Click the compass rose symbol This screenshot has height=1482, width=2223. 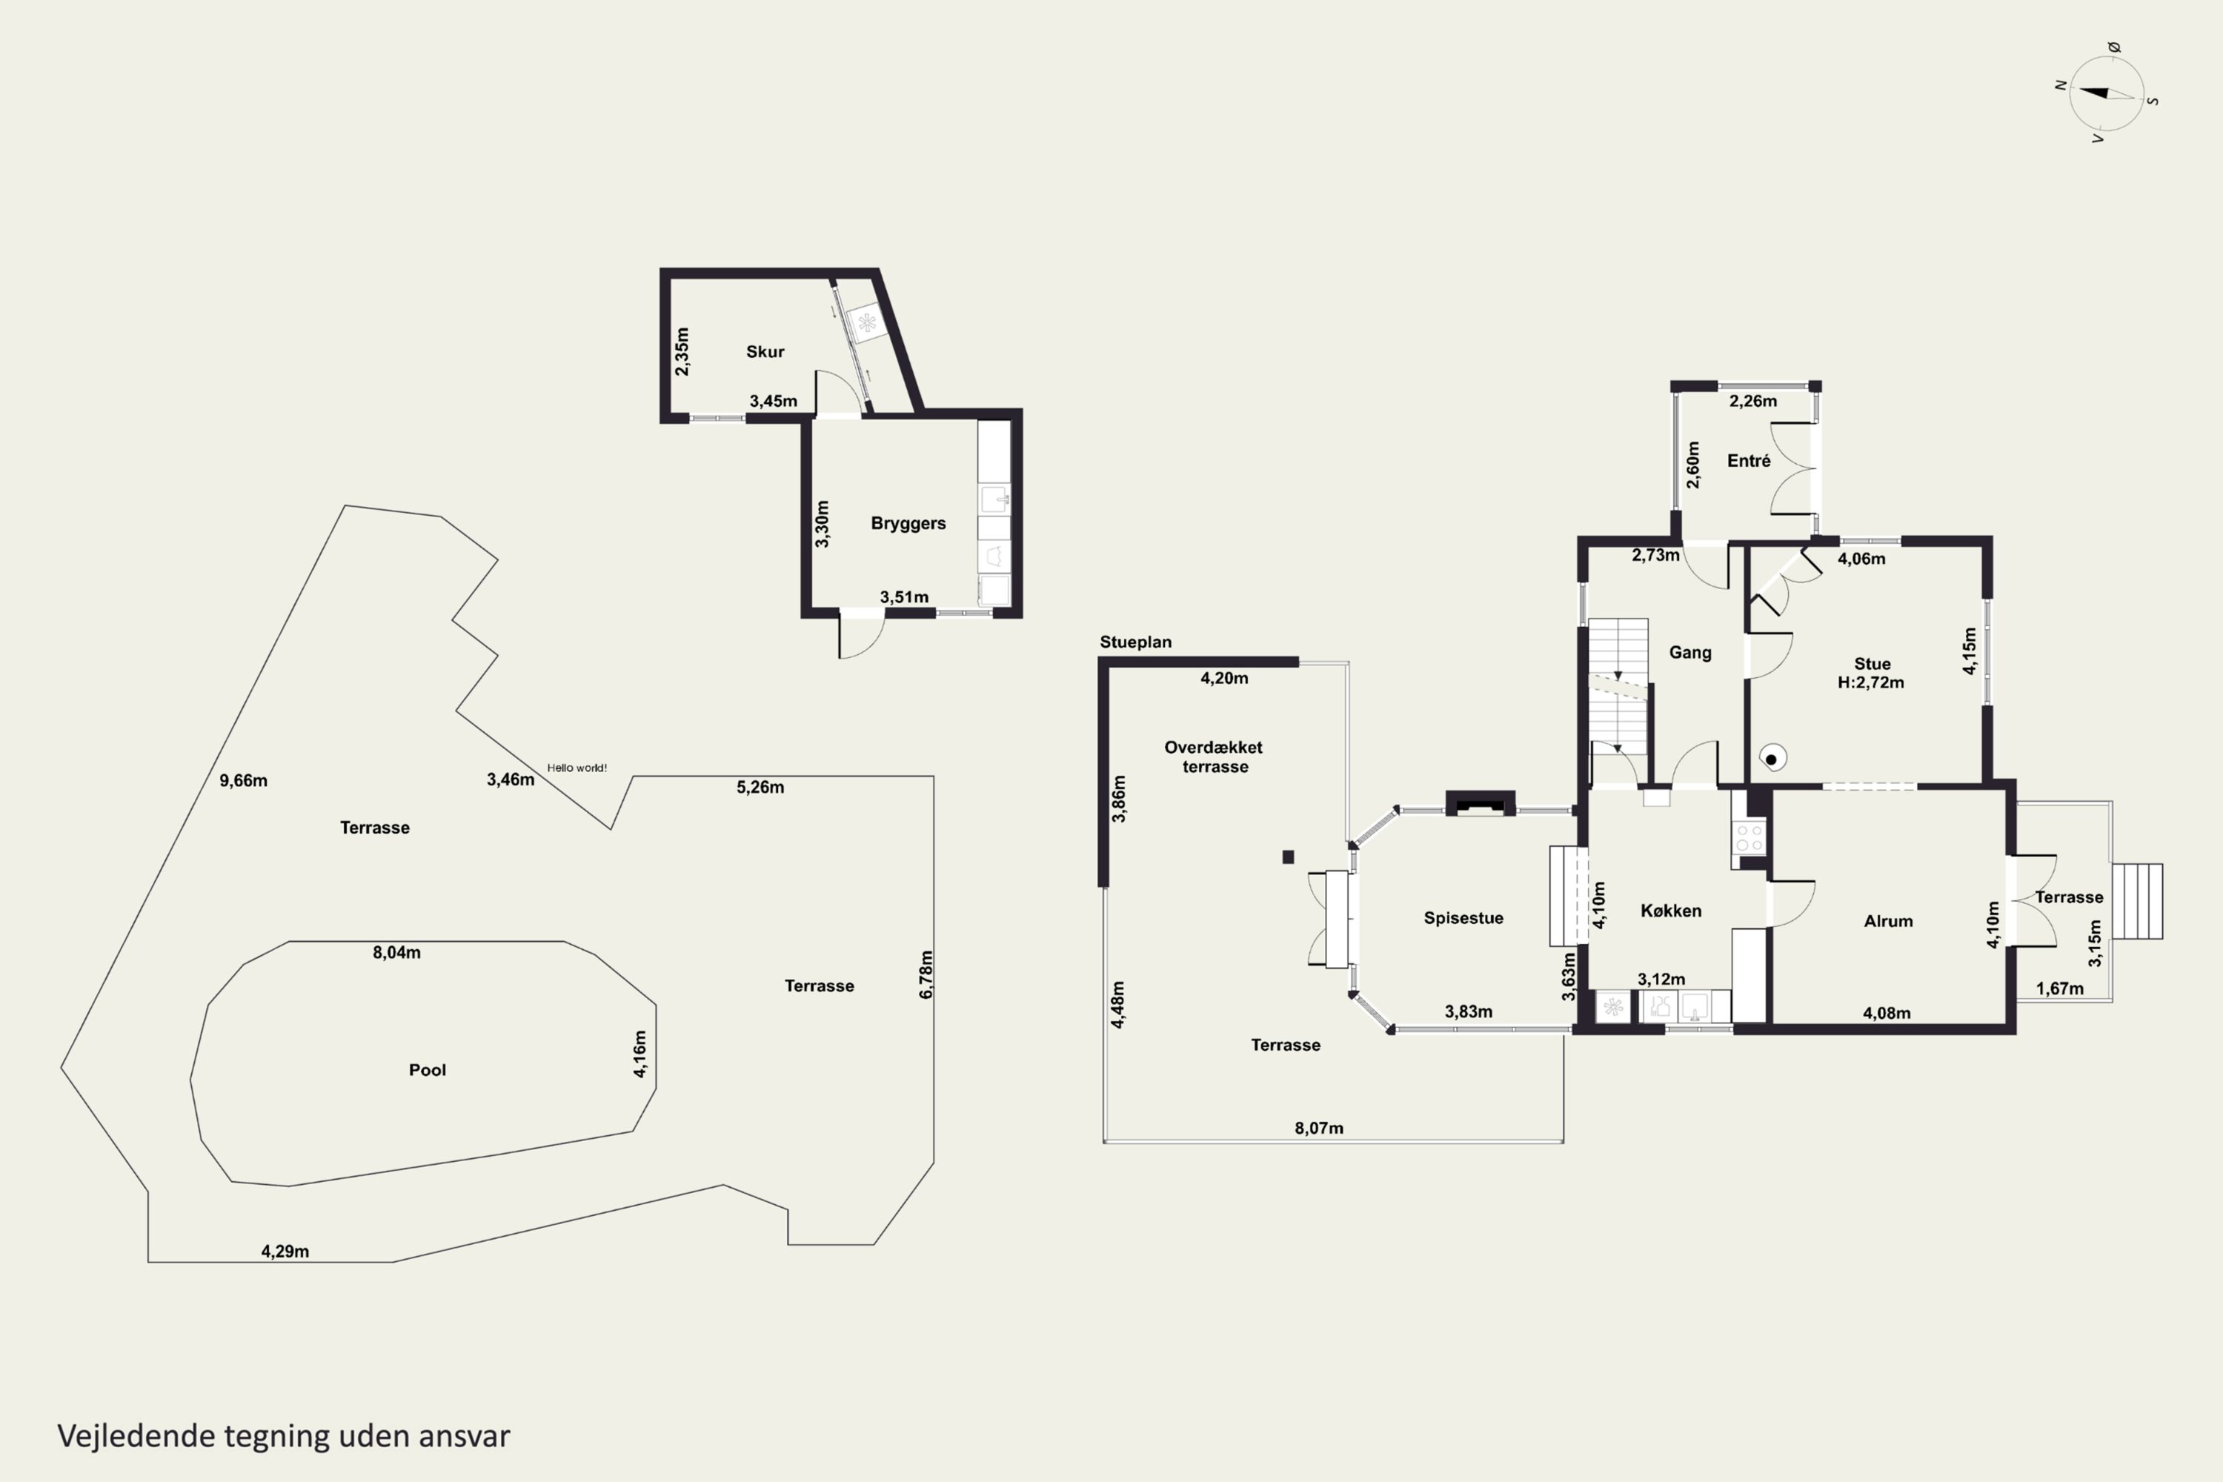[x=2106, y=93]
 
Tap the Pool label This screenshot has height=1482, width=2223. [x=428, y=1070]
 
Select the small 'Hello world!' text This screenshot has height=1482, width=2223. [x=576, y=768]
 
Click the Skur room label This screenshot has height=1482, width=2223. [x=765, y=351]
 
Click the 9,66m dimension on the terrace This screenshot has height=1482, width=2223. [x=244, y=781]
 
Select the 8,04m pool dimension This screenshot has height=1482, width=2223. [x=397, y=953]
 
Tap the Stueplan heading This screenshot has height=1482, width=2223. [x=1135, y=642]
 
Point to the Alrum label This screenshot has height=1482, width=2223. [x=1887, y=922]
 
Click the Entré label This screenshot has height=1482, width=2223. [x=1749, y=460]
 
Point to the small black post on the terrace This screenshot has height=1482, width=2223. [x=1289, y=857]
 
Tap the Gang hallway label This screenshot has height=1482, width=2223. [x=1690, y=653]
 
